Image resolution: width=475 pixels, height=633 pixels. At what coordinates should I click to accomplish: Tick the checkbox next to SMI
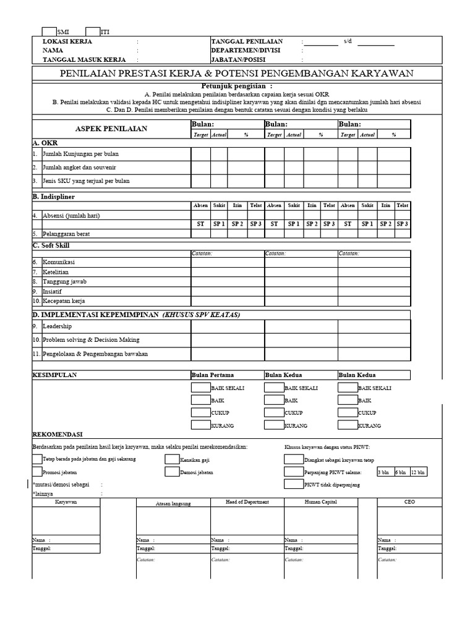pyautogui.click(x=48, y=31)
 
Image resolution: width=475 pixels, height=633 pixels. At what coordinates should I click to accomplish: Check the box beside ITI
pyautogui.click(x=93, y=31)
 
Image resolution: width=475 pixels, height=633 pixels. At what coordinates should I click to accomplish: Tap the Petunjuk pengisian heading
pyautogui.click(x=237, y=85)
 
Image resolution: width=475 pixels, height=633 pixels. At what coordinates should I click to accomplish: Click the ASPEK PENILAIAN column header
pyautogui.click(x=111, y=128)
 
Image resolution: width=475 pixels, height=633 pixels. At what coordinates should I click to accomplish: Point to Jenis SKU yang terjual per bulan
pyautogui.click(x=86, y=181)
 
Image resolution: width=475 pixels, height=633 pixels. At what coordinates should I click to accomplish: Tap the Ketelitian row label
pyautogui.click(x=56, y=272)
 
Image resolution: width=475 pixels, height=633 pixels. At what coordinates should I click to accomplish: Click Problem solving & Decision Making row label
pyautogui.click(x=91, y=339)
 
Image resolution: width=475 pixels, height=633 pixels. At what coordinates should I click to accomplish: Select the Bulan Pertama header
pyautogui.click(x=213, y=375)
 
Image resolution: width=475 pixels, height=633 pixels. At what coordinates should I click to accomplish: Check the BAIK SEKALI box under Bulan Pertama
pyautogui.click(x=200, y=388)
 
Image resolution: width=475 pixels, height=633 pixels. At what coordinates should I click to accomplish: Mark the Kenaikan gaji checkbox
pyautogui.click(x=172, y=459)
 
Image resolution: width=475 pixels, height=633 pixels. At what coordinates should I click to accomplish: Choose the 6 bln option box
pyautogui.click(x=401, y=472)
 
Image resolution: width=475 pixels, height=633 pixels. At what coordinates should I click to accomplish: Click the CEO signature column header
pyautogui.click(x=409, y=503)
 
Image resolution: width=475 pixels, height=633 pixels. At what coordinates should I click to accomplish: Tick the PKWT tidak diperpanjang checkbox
pyautogui.click(x=293, y=485)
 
